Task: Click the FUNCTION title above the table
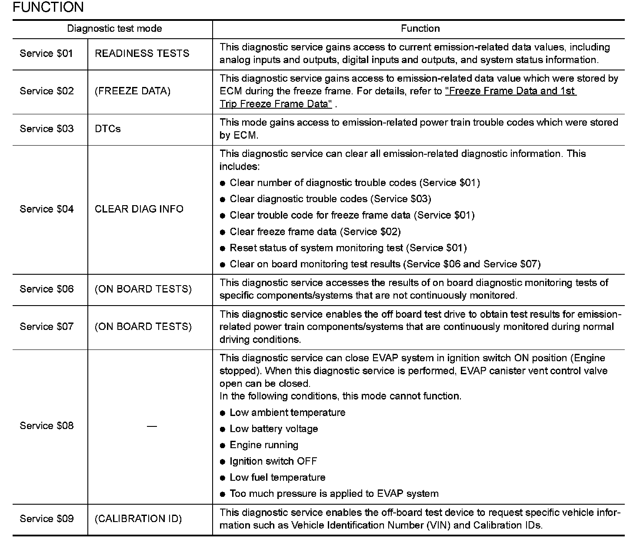[48, 7]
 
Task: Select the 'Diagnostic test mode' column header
[114, 29]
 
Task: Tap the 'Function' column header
[420, 29]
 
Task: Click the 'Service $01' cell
[47, 53]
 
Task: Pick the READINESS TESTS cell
[142, 53]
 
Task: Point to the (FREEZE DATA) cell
[133, 91]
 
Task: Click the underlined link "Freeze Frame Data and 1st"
[510, 91]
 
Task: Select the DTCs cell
[107, 129]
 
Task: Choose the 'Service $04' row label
[47, 209]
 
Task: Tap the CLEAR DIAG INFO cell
[139, 209]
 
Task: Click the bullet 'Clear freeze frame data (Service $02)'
[315, 232]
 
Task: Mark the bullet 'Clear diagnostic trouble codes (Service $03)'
[330, 199]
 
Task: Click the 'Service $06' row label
[47, 289]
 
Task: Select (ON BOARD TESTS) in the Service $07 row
[143, 326]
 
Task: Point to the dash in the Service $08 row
[151, 426]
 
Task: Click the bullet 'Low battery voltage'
[273, 429]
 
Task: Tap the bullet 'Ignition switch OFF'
[273, 461]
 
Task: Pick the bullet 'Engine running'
[263, 445]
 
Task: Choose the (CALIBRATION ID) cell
[138, 519]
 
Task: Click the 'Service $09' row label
[47, 519]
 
